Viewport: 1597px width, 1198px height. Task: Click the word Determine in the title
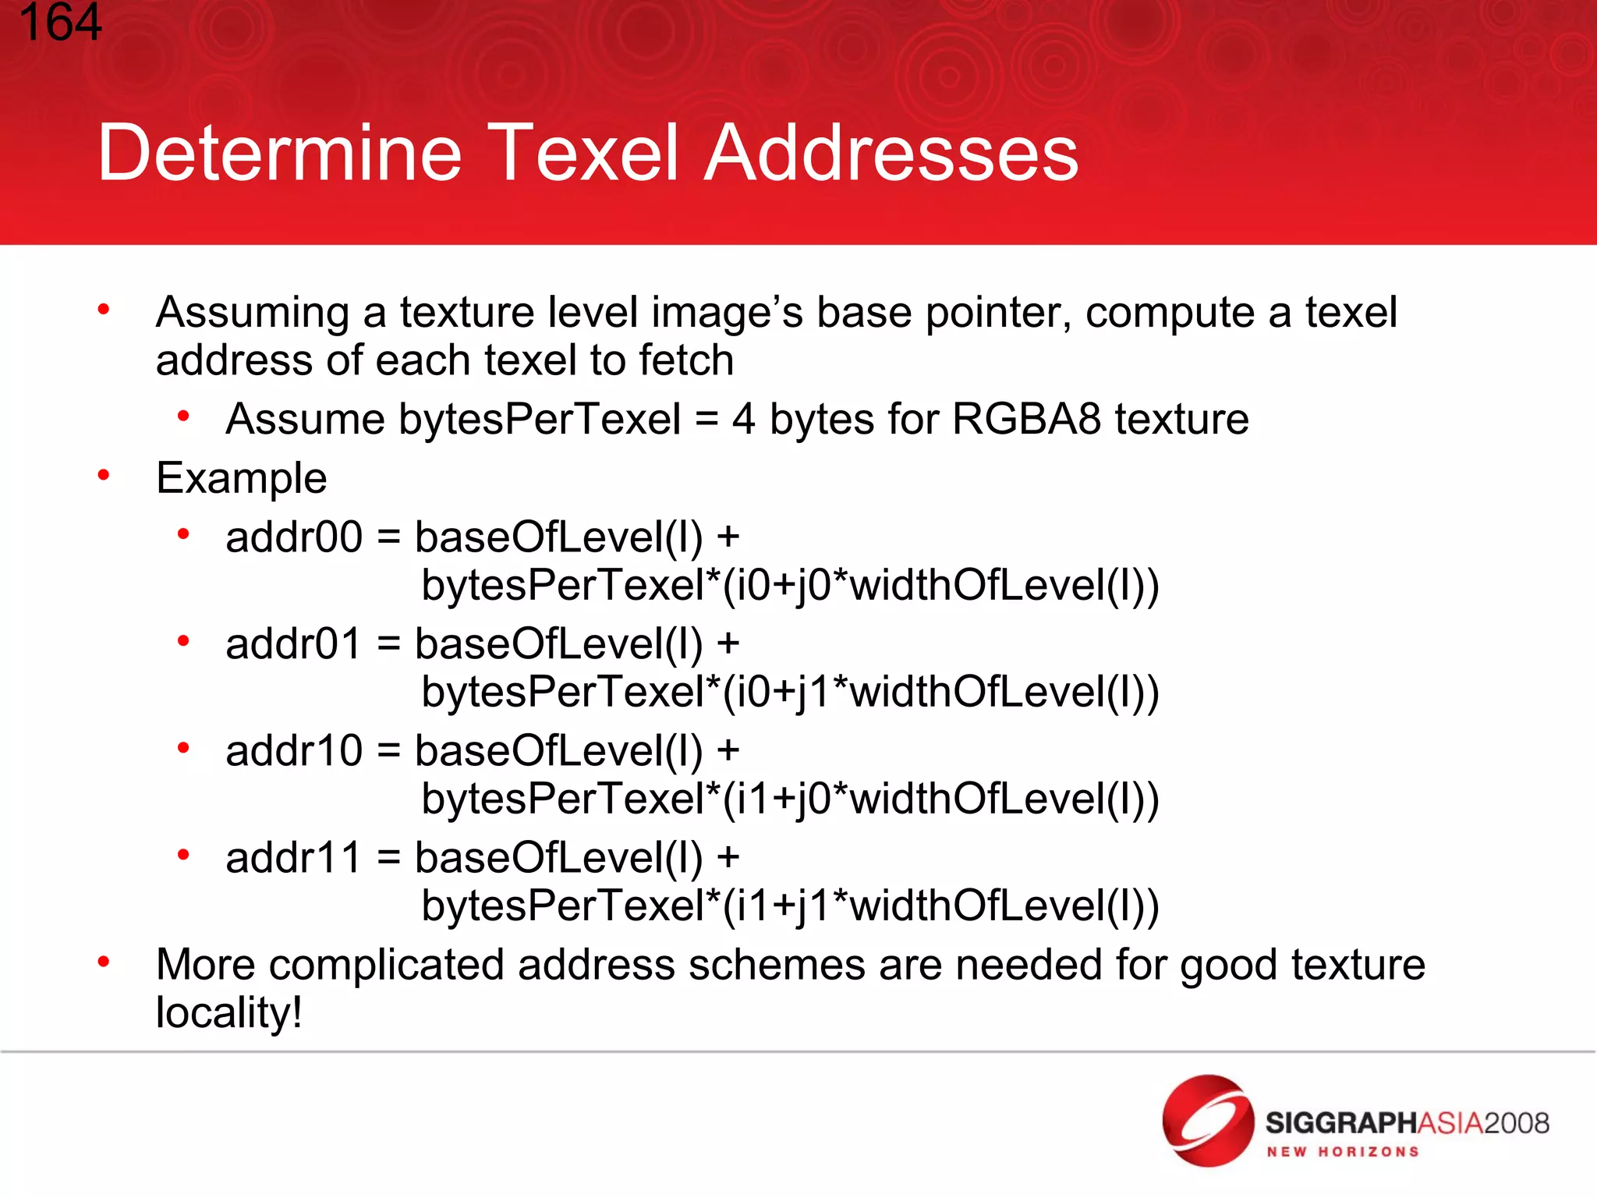point(279,153)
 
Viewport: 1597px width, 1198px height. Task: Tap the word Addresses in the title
point(891,153)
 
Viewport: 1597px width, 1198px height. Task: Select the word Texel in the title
point(585,153)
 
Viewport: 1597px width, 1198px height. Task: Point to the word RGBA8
point(1026,419)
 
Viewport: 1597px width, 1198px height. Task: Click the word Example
point(241,478)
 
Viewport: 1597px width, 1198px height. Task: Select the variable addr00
point(293,537)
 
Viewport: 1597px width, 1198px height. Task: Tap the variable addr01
point(293,644)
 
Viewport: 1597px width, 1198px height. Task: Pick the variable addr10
point(293,751)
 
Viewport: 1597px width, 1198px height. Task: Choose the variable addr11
point(293,858)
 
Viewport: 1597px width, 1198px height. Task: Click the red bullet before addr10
point(183,748)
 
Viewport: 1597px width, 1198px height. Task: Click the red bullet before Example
point(103,474)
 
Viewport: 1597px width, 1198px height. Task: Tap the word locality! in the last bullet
point(228,1013)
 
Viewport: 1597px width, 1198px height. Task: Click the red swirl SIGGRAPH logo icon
point(1207,1121)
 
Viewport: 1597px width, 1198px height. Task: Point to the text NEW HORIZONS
point(1342,1152)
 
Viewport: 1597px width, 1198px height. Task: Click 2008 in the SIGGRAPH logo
point(1516,1123)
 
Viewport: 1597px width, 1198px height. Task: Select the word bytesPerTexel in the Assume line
point(540,419)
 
